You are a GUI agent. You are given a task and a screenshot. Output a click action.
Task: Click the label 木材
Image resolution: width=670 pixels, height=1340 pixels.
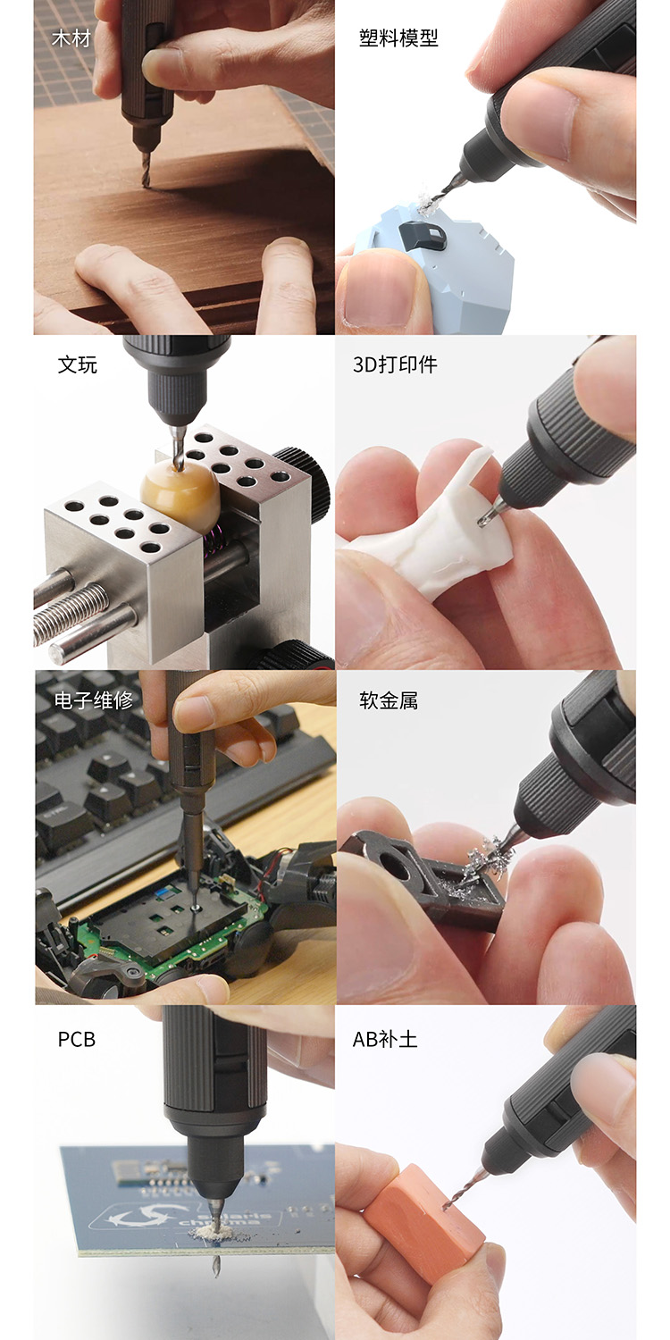coord(71,39)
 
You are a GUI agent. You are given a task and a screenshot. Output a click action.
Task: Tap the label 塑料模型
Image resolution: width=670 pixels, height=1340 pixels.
coord(398,38)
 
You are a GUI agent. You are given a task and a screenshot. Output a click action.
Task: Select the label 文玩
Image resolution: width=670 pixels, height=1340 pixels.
coord(77,364)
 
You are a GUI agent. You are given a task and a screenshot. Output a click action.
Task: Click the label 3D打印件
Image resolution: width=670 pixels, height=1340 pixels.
coord(395,364)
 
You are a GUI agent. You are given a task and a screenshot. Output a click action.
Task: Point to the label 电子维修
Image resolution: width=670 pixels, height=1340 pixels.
coord(93,699)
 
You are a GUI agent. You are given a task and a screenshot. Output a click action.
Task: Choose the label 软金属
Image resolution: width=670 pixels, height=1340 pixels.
coord(389,699)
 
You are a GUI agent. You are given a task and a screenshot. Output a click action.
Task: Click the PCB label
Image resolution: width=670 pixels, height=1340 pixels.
coord(77,1039)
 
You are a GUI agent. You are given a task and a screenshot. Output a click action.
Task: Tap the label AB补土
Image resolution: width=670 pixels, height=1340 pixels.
coord(385,1039)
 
